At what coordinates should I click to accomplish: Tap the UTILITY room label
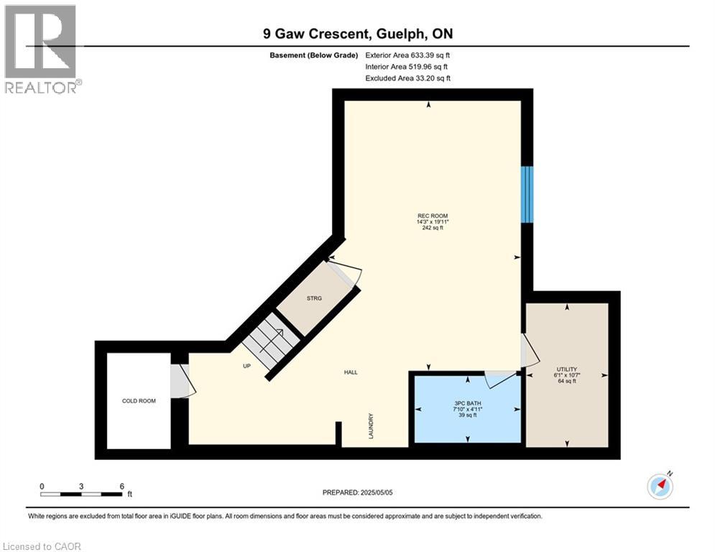coord(567,369)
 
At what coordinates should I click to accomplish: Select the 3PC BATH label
coord(467,402)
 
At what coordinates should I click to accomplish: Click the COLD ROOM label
coord(139,401)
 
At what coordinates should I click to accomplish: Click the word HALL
coord(351,372)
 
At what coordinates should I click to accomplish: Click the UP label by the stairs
coord(246,365)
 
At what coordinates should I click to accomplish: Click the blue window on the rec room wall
coord(527,194)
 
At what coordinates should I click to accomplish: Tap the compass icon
coord(660,487)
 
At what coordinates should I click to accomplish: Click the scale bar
coord(81,494)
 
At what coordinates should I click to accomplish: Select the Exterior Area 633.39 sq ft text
coord(408,55)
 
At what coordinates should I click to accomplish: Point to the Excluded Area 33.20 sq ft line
coord(408,78)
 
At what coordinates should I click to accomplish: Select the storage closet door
coord(346,275)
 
